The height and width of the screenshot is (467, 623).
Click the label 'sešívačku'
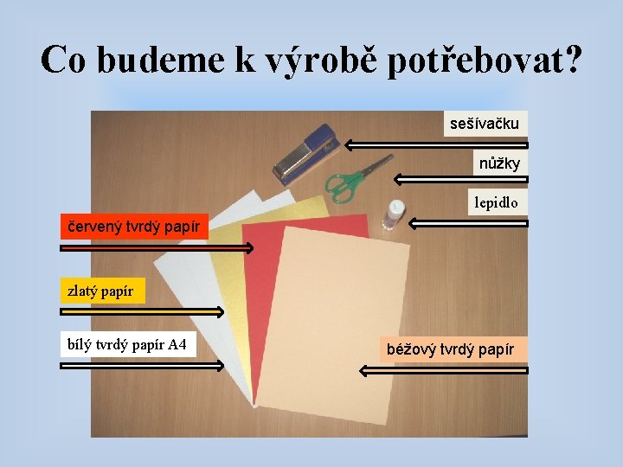[485, 124]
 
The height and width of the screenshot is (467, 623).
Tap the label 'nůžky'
[500, 163]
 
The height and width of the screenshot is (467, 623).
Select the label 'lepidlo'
[497, 202]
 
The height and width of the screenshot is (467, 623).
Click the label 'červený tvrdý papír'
[134, 227]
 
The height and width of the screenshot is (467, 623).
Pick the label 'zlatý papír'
[101, 291]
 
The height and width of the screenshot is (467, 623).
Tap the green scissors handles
[342, 184]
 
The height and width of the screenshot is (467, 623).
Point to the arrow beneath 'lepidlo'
[467, 223]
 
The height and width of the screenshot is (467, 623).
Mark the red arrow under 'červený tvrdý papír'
[157, 248]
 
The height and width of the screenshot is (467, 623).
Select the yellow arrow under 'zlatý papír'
[142, 311]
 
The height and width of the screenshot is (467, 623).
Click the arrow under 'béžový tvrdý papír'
[443, 370]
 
